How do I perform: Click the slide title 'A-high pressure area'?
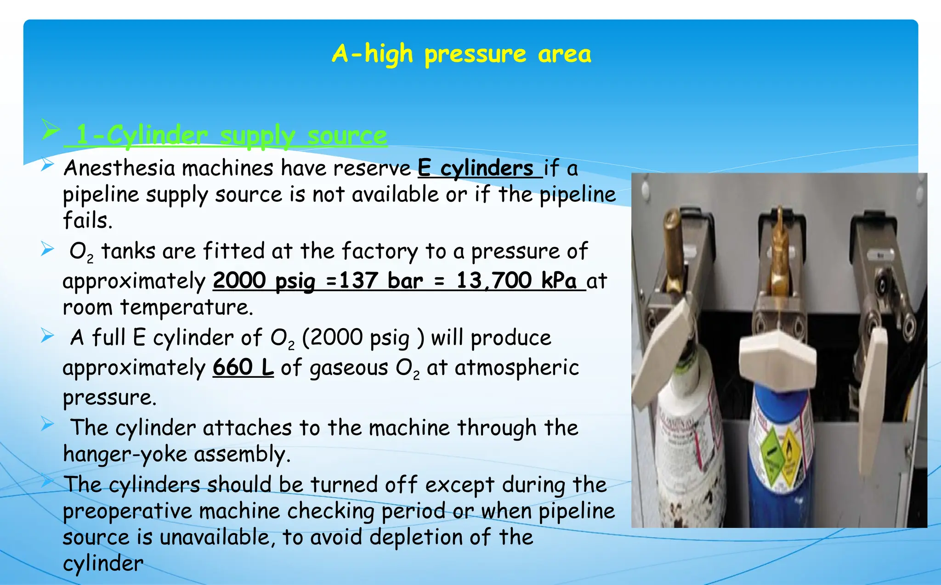(461, 54)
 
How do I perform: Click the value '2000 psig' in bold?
(264, 280)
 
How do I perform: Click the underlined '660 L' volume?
(243, 367)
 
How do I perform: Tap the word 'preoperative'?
(127, 511)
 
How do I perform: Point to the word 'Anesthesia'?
(119, 168)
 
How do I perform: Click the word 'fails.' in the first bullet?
(87, 220)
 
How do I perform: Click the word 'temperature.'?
(187, 307)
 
